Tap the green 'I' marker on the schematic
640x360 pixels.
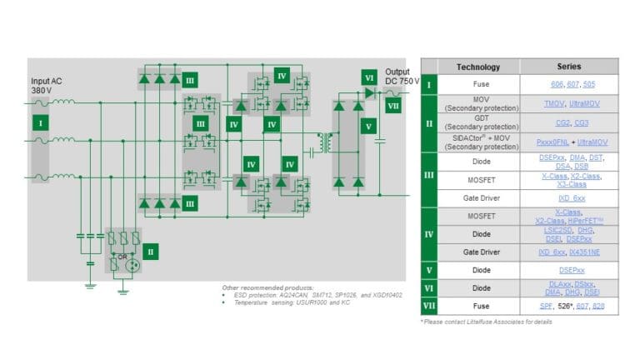[x=37, y=122]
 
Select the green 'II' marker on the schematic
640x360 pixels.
[x=150, y=250]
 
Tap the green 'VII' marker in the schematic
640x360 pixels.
[x=393, y=107]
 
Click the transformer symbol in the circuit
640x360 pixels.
[x=317, y=142]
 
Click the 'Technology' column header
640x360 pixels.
[x=478, y=67]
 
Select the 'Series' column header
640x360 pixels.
[x=569, y=67]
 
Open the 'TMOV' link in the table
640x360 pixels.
[x=554, y=103]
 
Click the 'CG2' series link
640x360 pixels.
[x=561, y=122]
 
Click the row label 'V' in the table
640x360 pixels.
[x=429, y=270]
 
